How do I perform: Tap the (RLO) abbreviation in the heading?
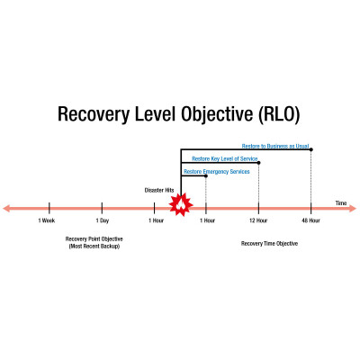(278, 114)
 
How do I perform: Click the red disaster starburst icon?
(181, 205)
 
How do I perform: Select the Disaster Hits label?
(159, 190)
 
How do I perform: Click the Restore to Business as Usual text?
(275, 146)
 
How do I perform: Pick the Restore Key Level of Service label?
(225, 158)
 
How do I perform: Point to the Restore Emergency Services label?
(217, 172)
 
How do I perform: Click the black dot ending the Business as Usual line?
(311, 149)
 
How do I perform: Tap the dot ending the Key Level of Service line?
(259, 163)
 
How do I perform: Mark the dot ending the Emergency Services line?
(206, 175)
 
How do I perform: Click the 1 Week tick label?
(47, 220)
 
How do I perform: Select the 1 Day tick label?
(103, 220)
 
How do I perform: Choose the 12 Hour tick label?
(258, 220)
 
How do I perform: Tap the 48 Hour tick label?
(310, 220)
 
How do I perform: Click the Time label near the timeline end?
(341, 203)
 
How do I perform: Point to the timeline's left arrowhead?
(6, 208)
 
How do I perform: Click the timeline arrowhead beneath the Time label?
(353, 208)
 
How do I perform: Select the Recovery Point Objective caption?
(94, 239)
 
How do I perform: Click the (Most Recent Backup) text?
(94, 247)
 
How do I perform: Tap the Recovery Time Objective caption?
(269, 243)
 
